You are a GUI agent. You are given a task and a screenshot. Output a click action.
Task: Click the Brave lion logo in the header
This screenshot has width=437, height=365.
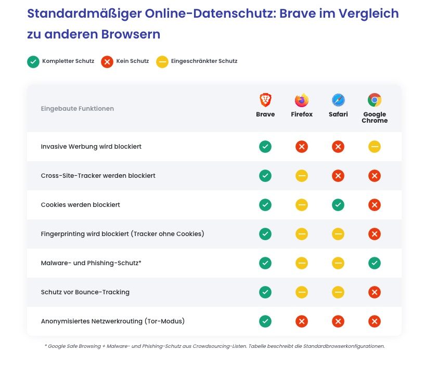coord(265,100)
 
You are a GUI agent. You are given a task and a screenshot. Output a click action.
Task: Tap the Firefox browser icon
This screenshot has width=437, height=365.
coord(302,100)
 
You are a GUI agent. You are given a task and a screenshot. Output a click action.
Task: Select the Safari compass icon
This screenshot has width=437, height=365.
coord(338,100)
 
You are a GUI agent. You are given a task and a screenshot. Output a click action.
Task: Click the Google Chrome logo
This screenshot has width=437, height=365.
coord(375,100)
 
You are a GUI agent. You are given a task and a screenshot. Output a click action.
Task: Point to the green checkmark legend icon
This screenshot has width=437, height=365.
coord(33,62)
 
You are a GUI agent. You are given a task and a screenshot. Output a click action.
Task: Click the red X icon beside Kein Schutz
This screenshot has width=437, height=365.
coord(107,62)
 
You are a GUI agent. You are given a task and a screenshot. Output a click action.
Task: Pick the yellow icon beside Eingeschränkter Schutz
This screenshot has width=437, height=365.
coord(162,62)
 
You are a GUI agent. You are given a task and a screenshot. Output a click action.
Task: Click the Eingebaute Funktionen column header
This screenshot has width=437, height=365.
coord(77,109)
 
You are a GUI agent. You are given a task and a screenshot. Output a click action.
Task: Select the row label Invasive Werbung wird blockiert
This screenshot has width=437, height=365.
coord(91,147)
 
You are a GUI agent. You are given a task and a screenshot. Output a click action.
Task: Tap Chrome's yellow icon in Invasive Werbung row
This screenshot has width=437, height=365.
coord(375,147)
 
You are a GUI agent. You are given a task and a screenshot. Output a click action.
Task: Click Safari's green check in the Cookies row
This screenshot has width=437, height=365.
coord(338,205)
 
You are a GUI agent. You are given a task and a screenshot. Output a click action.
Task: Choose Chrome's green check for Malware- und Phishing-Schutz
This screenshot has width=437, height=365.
coord(375,263)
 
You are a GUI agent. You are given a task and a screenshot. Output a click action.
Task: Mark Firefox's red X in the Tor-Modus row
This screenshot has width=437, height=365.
coord(302,321)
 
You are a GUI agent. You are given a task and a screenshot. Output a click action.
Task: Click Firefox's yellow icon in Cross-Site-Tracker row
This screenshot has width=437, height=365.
coord(302,176)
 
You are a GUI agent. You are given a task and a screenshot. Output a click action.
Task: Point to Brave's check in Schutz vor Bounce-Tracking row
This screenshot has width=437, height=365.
coord(265,292)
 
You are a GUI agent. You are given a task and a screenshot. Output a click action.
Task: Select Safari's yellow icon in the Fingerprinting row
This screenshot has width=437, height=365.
coord(338,234)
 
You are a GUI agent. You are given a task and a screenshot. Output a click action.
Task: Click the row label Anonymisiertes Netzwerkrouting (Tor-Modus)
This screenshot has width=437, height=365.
coord(113,321)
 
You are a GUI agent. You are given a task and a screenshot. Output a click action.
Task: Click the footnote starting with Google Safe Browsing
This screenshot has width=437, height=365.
coord(214,346)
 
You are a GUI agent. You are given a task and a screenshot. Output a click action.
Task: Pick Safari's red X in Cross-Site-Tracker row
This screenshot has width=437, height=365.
coord(338,176)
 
